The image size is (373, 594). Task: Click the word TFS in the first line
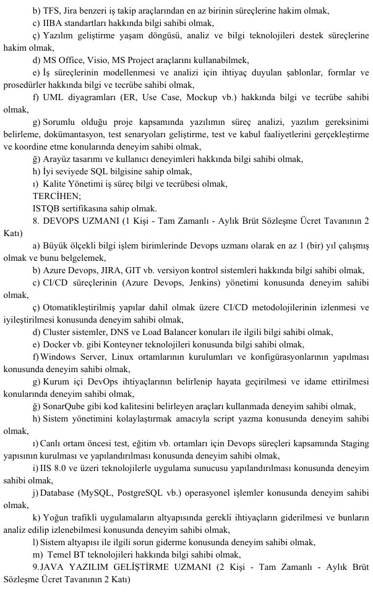click(x=51, y=11)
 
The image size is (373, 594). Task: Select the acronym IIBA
click(x=51, y=23)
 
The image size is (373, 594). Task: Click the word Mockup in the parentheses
click(x=200, y=98)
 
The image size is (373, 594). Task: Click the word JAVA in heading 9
click(x=54, y=566)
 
